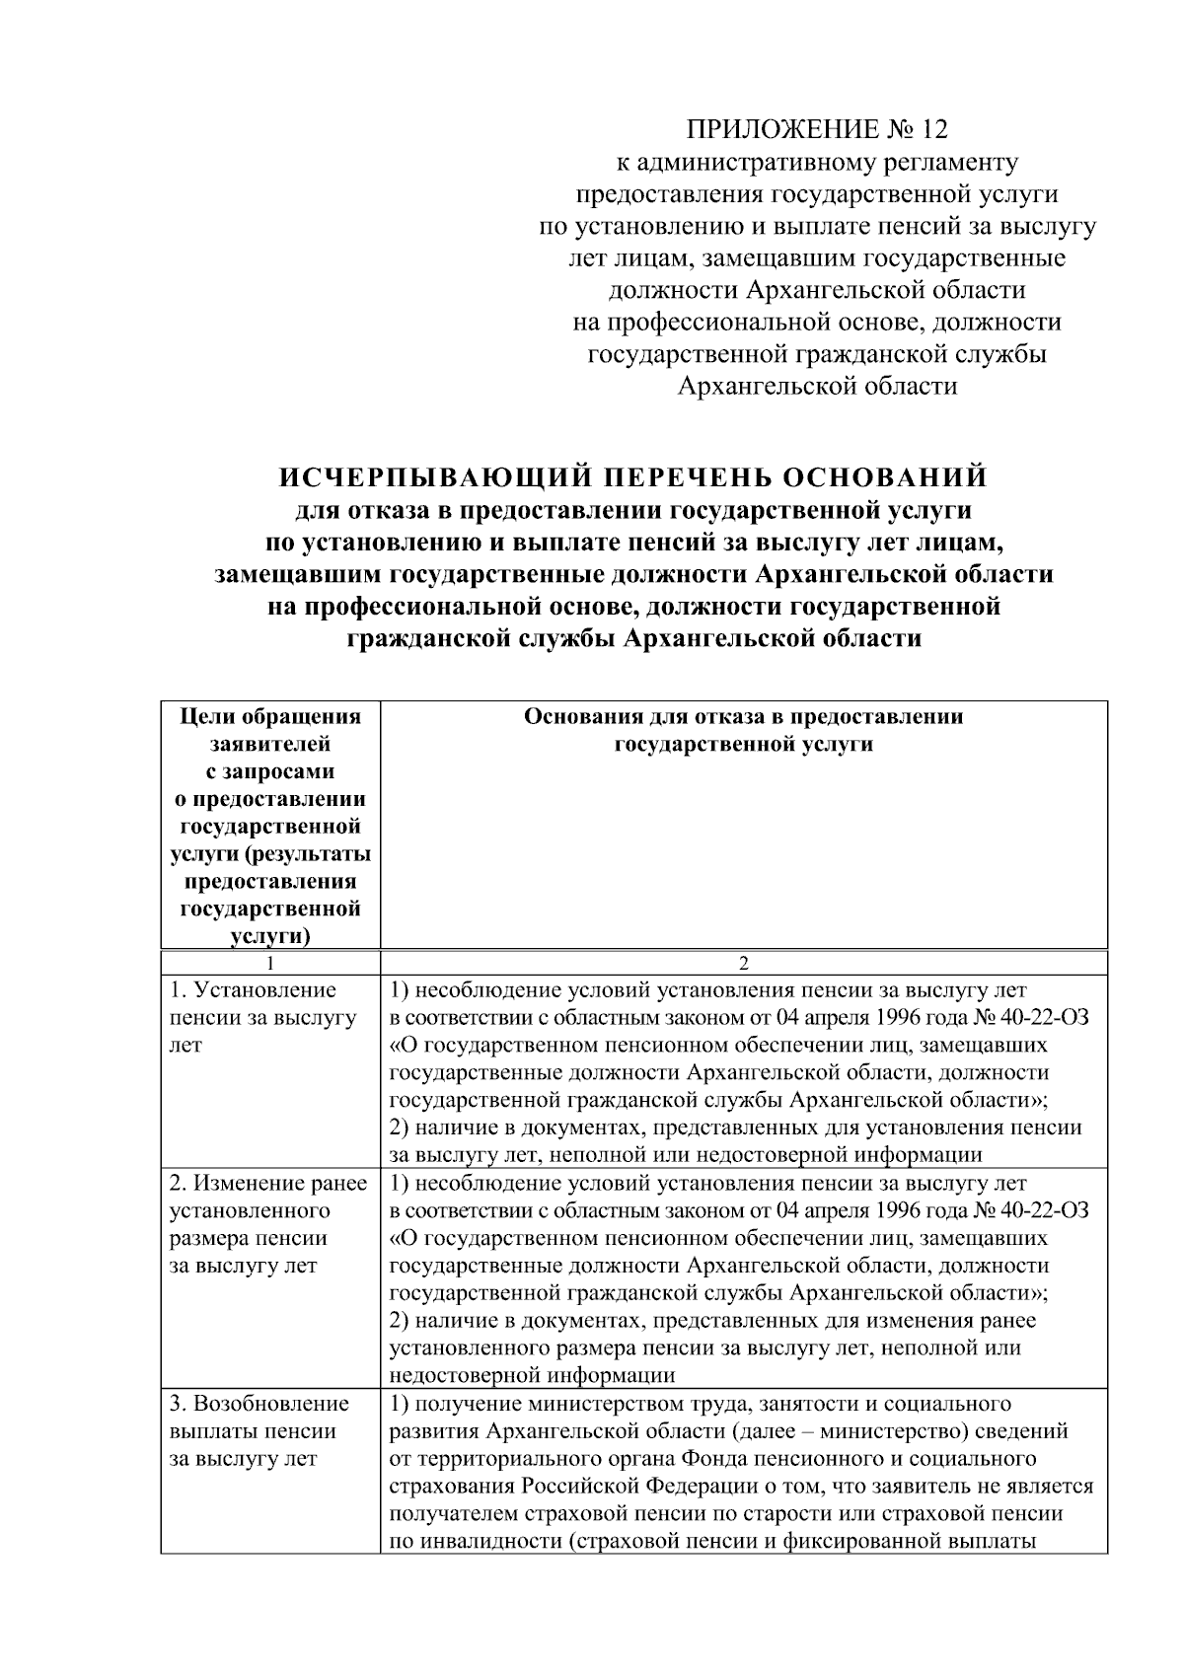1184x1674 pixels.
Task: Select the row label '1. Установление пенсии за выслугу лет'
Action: pyautogui.click(x=263, y=1017)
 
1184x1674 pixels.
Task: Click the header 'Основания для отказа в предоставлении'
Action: pyautogui.click(x=743, y=717)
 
